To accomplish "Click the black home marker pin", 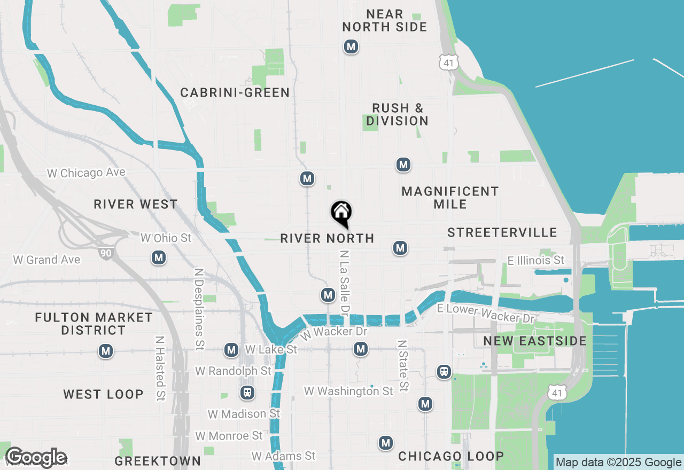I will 341,213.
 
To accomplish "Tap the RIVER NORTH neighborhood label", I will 327,238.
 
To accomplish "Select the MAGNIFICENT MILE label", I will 450,198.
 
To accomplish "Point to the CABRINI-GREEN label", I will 235,92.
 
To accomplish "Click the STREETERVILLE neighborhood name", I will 502,232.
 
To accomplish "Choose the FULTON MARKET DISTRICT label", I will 94,324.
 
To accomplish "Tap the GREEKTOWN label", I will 158,461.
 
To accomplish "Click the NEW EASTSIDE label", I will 535,341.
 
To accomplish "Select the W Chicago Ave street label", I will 86,173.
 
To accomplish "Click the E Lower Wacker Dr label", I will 486,314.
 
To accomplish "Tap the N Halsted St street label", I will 160,368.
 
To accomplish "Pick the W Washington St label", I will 348,391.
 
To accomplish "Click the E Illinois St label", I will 535,260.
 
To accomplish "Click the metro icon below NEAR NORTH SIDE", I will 351,47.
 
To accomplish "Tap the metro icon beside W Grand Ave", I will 158,258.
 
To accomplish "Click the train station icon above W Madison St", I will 247,393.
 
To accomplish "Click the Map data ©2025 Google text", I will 619,463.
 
